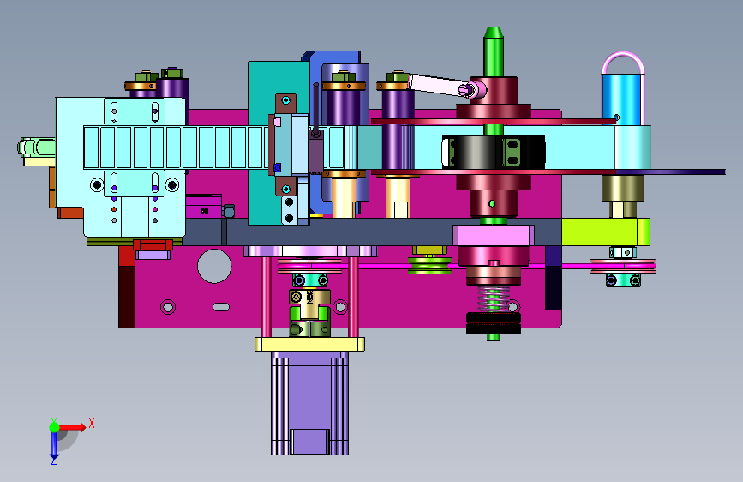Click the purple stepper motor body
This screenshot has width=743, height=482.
(x=309, y=403)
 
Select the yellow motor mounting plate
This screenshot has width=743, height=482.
(x=309, y=344)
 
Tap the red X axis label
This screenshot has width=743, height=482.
(x=92, y=423)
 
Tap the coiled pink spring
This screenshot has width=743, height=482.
(x=494, y=298)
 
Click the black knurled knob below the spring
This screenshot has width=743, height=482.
(x=494, y=323)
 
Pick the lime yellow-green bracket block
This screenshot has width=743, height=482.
(x=606, y=232)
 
